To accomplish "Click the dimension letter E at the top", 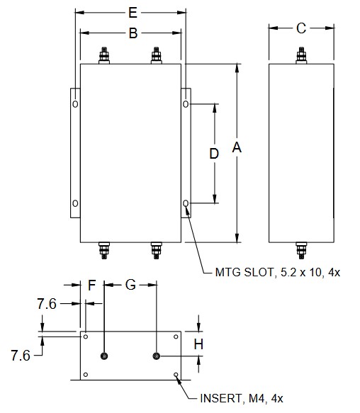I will (x=131, y=13).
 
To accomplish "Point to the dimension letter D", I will (x=213, y=153).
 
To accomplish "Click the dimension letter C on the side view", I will (x=300, y=28).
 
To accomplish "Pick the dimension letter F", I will (x=91, y=286).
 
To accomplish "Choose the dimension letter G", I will (x=130, y=286).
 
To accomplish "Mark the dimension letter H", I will (x=199, y=344).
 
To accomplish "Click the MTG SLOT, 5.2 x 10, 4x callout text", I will (x=276, y=272).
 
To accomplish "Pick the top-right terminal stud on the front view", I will (x=156, y=55).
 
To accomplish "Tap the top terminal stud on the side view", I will (x=300, y=55).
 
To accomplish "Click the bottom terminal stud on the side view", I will (x=300, y=249).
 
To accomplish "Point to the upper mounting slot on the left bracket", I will (x=76, y=104).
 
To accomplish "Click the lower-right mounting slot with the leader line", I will (x=186, y=204).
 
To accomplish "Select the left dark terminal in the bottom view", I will (x=104, y=356).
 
